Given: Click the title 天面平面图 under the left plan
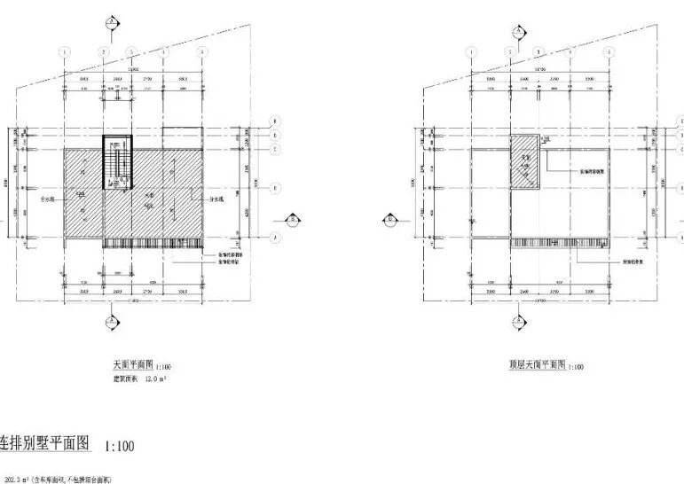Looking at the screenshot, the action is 132,364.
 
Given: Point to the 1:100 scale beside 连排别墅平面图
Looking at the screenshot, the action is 119,446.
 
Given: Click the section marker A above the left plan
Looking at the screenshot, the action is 110,21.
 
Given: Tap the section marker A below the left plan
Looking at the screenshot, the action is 110,321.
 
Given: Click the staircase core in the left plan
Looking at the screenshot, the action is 117,161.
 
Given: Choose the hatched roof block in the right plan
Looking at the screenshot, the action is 523,162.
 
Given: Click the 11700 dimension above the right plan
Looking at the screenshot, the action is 539,68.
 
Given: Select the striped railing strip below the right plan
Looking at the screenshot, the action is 560,242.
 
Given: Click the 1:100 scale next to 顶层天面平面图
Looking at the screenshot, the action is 575,366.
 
